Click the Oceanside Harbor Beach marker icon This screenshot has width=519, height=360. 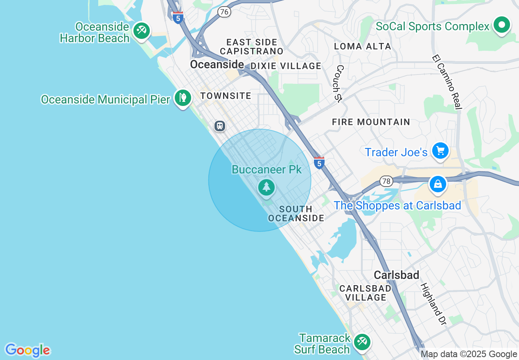coord(142,30)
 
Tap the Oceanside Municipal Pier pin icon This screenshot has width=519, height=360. coord(183,98)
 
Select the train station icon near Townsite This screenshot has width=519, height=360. coord(220,126)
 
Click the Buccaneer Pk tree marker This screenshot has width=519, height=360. coord(266,187)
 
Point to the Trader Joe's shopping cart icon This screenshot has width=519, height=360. coord(440,151)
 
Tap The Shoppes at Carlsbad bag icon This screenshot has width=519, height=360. coord(438,184)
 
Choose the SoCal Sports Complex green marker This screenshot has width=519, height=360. coord(501,25)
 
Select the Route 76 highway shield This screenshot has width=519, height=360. coord(224,12)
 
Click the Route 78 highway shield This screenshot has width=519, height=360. coord(386,181)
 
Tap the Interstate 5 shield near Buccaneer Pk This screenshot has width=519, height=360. coord(319,162)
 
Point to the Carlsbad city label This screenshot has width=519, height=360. coord(397,275)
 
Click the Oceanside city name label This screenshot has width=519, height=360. coord(217,65)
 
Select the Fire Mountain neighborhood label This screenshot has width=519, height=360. coord(371,122)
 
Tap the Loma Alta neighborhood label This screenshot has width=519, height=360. coord(363,46)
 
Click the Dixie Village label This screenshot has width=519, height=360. coord(286,66)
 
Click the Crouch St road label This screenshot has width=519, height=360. coord(340,84)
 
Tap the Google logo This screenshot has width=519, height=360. coord(27,350)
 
